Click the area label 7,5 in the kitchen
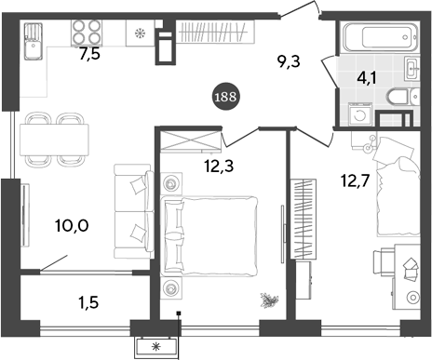(89, 54)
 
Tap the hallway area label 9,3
(290, 64)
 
